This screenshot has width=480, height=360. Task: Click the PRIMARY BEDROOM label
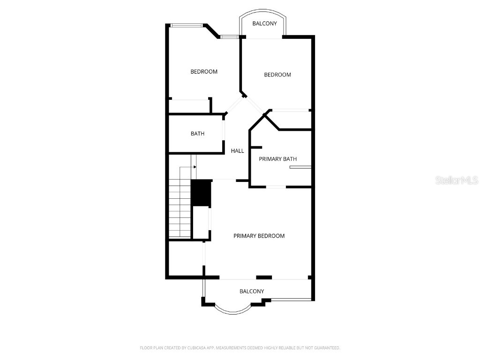click(259, 236)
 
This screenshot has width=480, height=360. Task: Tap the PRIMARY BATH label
click(277, 159)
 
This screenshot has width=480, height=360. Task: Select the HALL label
click(237, 151)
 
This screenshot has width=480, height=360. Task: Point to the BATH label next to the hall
click(197, 134)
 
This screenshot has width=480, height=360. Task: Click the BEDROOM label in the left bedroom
click(203, 72)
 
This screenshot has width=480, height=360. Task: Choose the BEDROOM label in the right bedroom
click(277, 75)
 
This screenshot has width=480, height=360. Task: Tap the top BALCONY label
click(264, 23)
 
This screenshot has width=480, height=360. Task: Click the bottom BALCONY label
click(252, 291)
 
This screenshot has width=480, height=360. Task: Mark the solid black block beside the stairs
click(201, 193)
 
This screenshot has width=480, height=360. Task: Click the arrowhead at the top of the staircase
click(195, 166)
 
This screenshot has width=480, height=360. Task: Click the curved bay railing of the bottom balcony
click(233, 312)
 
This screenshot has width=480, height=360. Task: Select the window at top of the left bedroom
click(186, 25)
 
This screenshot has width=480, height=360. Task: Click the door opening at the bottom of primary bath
click(276, 187)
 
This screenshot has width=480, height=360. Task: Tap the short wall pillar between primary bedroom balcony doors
click(264, 277)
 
